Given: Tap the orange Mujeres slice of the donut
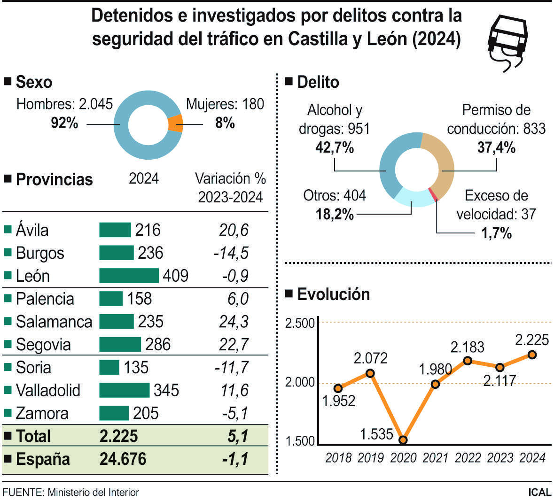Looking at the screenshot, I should pyautogui.click(x=175, y=124).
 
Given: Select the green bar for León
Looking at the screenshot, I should pyautogui.click(x=129, y=276).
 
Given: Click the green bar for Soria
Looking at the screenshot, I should pyautogui.click(x=109, y=367).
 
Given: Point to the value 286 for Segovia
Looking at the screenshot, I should pyautogui.click(x=157, y=345).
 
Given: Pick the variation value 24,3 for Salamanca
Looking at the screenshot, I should pyautogui.click(x=234, y=322).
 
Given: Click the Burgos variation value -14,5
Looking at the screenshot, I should pyautogui.click(x=231, y=253).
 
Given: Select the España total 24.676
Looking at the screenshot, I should pyautogui.click(x=123, y=459).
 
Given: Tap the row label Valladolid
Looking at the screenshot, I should pyautogui.click(x=48, y=390).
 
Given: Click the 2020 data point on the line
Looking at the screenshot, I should pyautogui.click(x=403, y=440).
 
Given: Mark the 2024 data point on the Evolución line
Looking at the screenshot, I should pyautogui.click(x=532, y=355).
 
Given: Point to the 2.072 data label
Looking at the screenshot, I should pyautogui.click(x=370, y=359).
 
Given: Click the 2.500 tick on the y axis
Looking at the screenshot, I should pyautogui.click(x=300, y=323).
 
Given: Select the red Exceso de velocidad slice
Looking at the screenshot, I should pyautogui.click(x=433, y=194).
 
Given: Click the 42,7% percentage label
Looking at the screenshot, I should pyautogui.click(x=334, y=148).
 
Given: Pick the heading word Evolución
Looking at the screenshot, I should pyautogui.click(x=333, y=294).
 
